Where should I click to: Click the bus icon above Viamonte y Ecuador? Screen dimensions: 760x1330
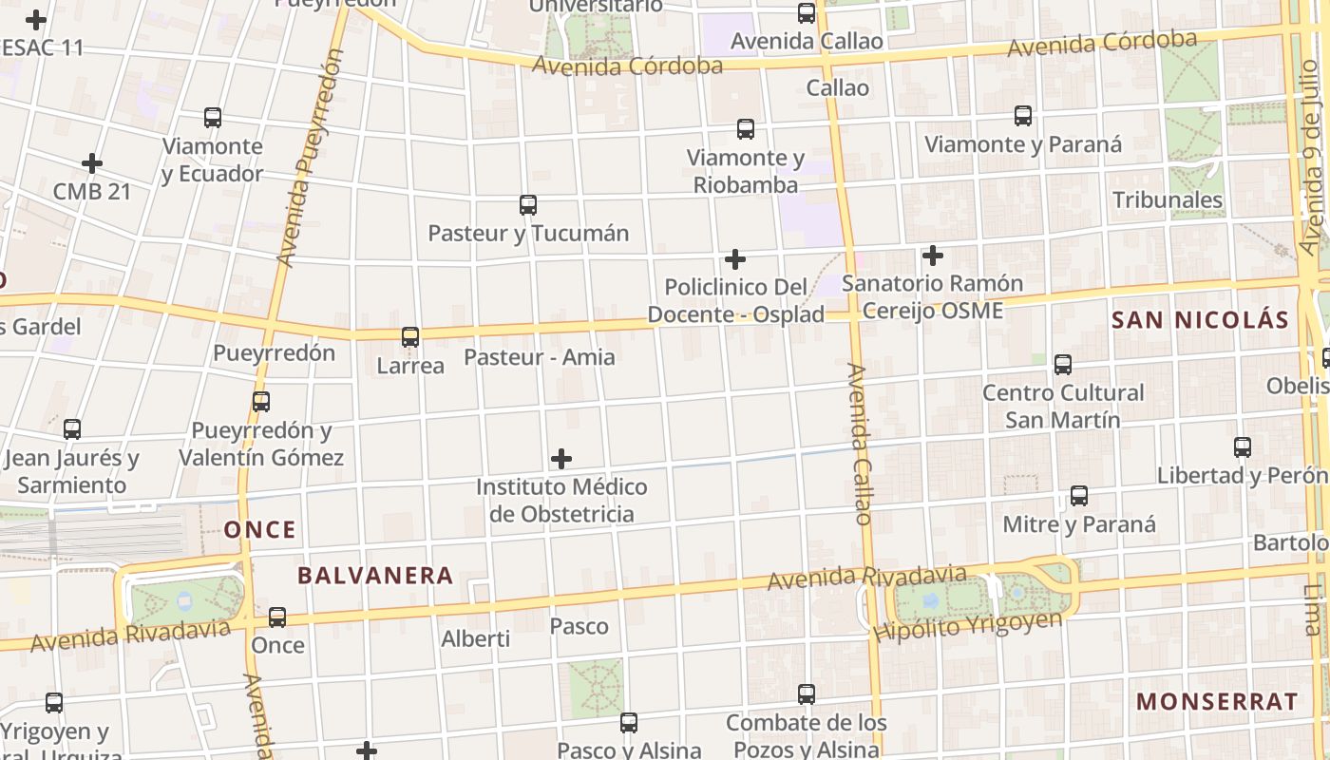pyautogui.click(x=213, y=118)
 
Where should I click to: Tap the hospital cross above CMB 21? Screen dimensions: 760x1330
pyautogui.click(x=92, y=163)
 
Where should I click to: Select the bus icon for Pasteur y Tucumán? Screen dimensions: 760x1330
pyautogui.click(x=528, y=204)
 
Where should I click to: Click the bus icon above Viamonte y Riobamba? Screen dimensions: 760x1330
pyautogui.click(x=746, y=128)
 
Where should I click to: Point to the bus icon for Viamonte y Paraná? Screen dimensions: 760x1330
pyautogui.click(x=1023, y=116)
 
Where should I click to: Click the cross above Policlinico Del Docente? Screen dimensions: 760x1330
pyautogui.click(x=734, y=258)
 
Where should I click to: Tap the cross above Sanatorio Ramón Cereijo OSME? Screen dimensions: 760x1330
pyautogui.click(x=933, y=256)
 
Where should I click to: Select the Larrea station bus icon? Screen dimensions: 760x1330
pyautogui.click(x=410, y=336)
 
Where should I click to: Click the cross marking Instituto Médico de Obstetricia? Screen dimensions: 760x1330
pyautogui.click(x=561, y=460)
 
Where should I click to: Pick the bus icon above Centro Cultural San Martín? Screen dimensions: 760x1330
pyautogui.click(x=1063, y=364)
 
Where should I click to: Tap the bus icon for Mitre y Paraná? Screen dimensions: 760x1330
pyautogui.click(x=1079, y=495)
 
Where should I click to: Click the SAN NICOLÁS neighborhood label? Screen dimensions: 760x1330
pyautogui.click(x=1200, y=320)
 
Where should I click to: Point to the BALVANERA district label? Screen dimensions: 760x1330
pyautogui.click(x=375, y=576)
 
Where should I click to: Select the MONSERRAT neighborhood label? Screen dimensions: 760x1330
pyautogui.click(x=1217, y=702)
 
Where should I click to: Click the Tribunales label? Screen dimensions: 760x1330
pyautogui.click(x=1168, y=200)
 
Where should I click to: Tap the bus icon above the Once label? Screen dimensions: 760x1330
pyautogui.click(x=277, y=617)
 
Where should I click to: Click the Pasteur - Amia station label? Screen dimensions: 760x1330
pyautogui.click(x=540, y=358)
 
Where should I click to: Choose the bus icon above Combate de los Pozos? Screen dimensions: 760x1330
pyautogui.click(x=807, y=694)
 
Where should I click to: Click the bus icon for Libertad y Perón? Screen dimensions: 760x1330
pyautogui.click(x=1243, y=446)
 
